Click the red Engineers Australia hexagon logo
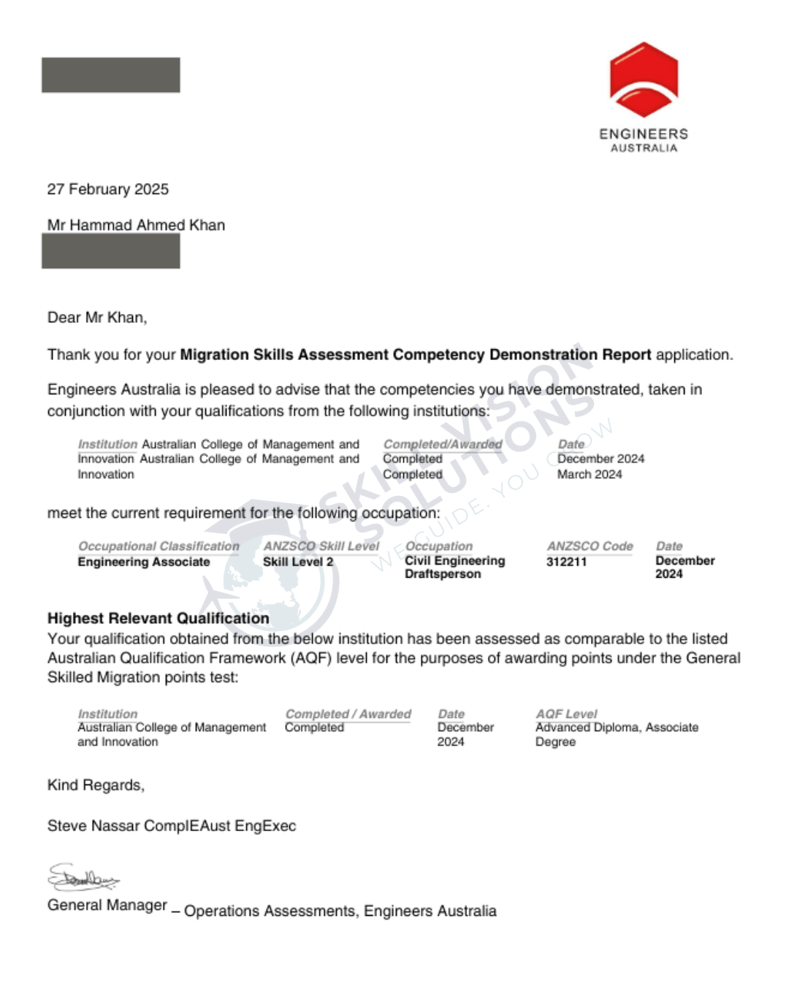644,80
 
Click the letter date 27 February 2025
108,189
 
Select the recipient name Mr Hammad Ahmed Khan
136,225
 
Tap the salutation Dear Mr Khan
97,318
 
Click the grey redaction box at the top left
110,75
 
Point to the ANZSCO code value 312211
566,562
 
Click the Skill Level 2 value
298,562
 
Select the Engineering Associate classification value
144,562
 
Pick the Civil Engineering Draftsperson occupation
454,567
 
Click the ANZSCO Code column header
590,546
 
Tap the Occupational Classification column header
159,546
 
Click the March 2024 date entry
590,474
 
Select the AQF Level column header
566,714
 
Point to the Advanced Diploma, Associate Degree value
616,734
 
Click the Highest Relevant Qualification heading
159,618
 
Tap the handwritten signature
83,877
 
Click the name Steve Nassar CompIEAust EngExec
172,826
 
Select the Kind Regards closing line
96,785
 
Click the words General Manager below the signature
107,905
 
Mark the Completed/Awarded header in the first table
443,444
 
